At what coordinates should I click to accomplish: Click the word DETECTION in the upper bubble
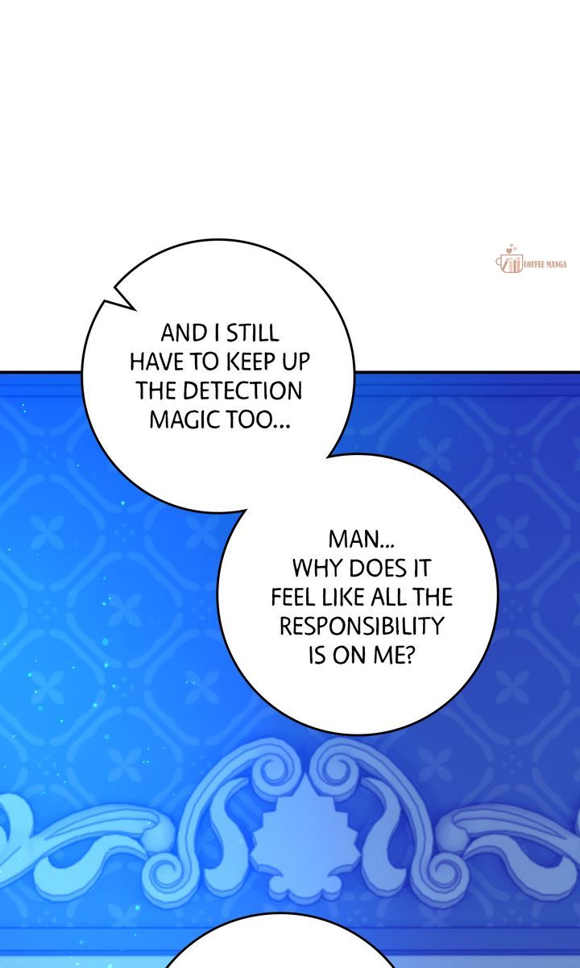click(x=242, y=391)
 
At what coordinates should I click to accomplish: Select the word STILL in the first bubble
click(x=253, y=333)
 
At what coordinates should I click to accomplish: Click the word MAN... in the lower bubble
click(x=362, y=539)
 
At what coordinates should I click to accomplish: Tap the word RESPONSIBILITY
click(x=362, y=625)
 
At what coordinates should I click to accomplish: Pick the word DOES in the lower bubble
click(x=377, y=568)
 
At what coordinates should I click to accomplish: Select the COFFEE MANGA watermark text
click(x=545, y=264)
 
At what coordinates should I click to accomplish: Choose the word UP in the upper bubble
click(x=297, y=362)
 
